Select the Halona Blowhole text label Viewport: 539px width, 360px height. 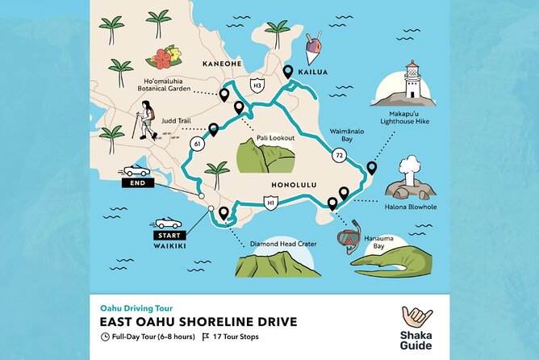pyautogui.click(x=413, y=207)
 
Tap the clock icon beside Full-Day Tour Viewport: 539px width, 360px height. pyautogui.click(x=106, y=336)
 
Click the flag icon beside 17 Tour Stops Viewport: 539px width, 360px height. pyautogui.click(x=206, y=336)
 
